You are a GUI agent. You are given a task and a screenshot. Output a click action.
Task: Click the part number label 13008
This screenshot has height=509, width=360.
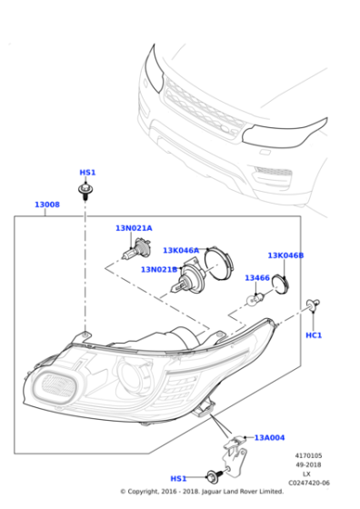point(47,205)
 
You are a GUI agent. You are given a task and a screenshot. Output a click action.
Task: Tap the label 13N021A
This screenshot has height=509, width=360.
point(134,228)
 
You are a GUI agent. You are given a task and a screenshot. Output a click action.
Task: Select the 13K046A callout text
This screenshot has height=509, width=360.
point(182,250)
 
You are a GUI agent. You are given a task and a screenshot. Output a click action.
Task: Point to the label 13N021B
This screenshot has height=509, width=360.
point(159,270)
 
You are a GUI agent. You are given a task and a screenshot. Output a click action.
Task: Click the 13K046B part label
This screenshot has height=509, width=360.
point(285,255)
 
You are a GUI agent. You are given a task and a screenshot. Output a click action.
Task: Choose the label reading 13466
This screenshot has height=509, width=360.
point(257,278)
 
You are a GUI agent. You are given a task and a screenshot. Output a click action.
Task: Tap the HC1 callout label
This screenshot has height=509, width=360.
point(314,335)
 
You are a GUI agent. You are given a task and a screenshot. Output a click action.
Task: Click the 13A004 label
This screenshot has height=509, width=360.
point(269,437)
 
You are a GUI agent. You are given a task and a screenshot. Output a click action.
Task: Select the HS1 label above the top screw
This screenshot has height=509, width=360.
point(87,172)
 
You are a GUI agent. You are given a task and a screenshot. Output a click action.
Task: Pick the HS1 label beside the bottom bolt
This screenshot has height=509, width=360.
point(179,478)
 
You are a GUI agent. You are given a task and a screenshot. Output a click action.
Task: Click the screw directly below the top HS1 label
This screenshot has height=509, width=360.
point(85,190)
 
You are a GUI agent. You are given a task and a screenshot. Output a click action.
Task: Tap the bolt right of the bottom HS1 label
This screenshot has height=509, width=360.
point(214,475)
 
